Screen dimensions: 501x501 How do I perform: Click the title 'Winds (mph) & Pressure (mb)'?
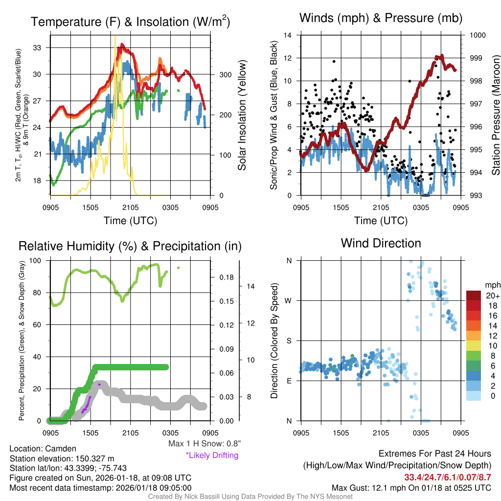tap(381, 18)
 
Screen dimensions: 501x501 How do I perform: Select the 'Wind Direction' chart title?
tap(381, 243)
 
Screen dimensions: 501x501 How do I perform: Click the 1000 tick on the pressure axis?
tap(477, 35)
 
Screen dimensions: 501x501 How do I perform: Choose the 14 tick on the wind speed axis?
tap(288, 35)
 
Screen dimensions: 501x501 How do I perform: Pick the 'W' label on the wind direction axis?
tap(289, 300)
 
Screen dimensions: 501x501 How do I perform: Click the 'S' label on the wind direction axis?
tap(289, 341)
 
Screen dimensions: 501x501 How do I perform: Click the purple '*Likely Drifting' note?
tap(212, 455)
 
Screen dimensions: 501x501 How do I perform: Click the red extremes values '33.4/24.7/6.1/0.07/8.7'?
tap(448, 478)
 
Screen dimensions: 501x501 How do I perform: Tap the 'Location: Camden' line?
tap(43, 449)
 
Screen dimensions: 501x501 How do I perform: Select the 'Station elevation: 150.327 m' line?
tap(62, 458)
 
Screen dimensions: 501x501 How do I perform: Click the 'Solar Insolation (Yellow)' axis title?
tap(242, 115)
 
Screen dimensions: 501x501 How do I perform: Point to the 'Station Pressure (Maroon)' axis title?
tap(495, 115)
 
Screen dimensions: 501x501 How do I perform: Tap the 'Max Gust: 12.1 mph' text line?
tap(411, 488)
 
